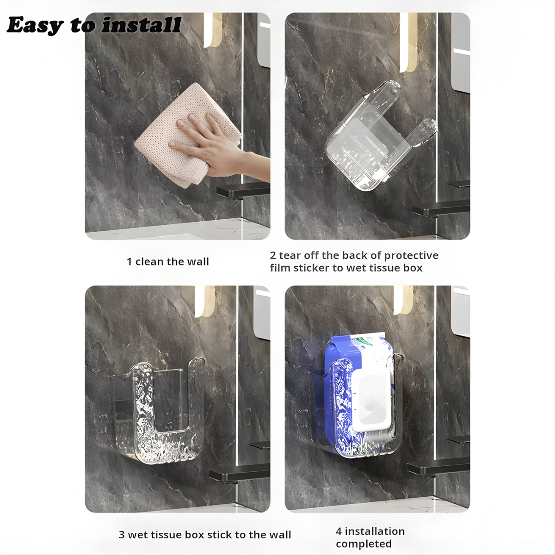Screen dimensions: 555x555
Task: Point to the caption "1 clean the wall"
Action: [x=167, y=261]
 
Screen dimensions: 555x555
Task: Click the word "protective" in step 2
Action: [x=411, y=255]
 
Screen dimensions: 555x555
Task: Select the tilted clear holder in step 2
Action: [x=381, y=136]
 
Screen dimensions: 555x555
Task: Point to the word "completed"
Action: [x=364, y=544]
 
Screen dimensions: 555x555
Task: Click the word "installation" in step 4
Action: [x=375, y=531]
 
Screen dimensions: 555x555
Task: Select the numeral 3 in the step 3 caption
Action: [x=122, y=535]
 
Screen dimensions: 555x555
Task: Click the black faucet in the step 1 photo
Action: [x=243, y=191]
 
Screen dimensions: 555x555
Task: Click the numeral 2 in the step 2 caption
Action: [x=273, y=255]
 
